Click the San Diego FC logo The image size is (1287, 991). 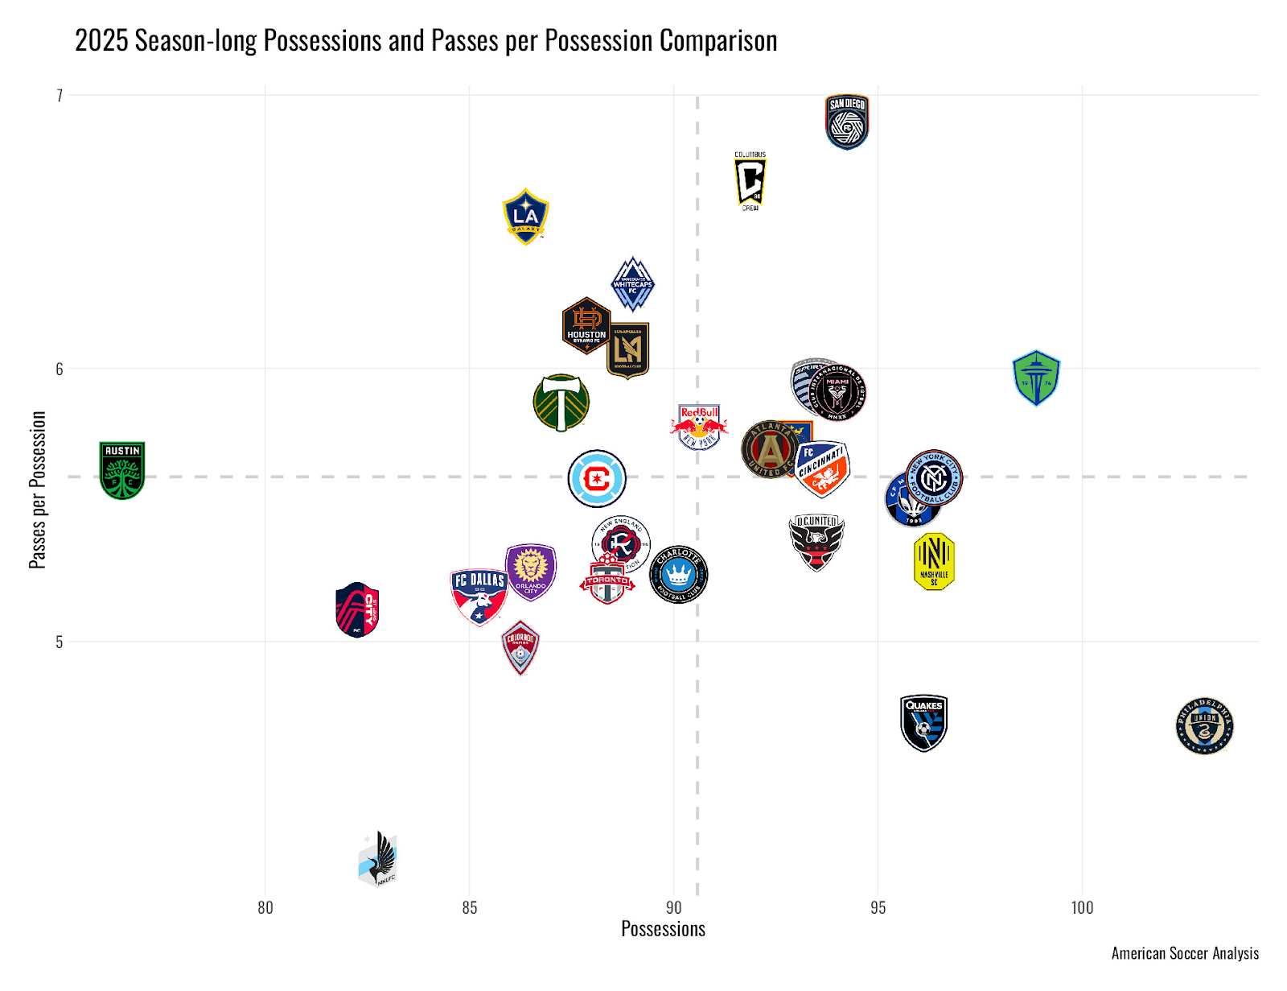[847, 122]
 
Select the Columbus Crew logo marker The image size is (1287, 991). [750, 181]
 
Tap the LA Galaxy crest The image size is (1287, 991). [525, 216]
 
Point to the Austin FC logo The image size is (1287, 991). [122, 470]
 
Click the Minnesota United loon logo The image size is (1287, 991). [378, 859]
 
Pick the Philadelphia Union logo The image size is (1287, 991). [1204, 725]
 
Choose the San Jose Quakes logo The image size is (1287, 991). [923, 722]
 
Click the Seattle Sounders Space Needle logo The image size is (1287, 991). [1036, 378]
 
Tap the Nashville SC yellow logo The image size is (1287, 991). [934, 561]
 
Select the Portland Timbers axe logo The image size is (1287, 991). [561, 402]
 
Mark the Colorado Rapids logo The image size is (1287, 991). [520, 647]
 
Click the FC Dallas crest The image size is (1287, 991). [479, 596]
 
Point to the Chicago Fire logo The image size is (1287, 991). [597, 478]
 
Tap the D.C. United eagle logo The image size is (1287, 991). [816, 542]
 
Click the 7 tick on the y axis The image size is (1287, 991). [59, 96]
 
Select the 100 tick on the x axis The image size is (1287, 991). [1082, 908]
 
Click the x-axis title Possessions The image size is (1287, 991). [663, 929]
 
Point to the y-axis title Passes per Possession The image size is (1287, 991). [38, 489]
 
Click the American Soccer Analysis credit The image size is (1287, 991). [1185, 953]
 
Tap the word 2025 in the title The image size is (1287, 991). [102, 41]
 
